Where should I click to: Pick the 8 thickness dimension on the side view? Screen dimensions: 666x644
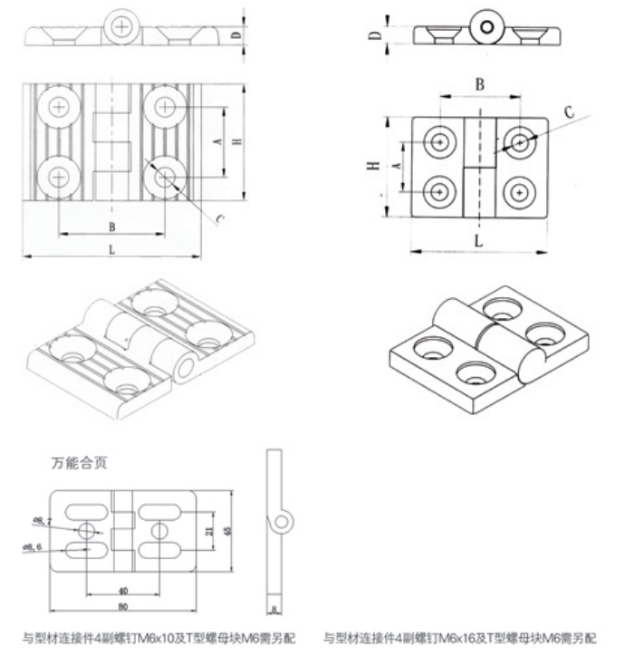tap(274, 609)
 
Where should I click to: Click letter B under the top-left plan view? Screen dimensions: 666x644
tap(111, 227)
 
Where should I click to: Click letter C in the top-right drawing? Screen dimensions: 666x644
tap(569, 112)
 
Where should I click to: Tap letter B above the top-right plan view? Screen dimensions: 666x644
tap(480, 84)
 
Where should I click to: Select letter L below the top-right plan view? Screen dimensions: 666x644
tap(478, 240)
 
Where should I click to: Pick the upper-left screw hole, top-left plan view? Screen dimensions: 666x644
tap(60, 107)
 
